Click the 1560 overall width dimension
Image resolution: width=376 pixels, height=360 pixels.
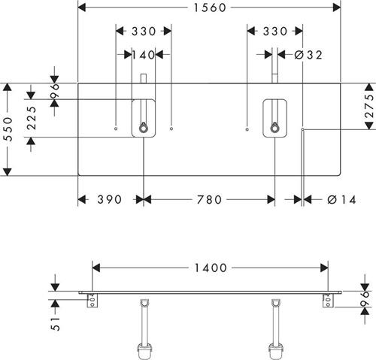210,8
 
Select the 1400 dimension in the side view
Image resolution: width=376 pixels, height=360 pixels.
211,268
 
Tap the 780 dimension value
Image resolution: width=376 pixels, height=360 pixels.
209,200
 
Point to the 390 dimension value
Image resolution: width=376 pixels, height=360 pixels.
110,200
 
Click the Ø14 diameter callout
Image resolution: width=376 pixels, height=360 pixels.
341,200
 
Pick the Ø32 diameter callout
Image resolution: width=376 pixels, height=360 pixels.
308,55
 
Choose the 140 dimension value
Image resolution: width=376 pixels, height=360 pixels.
144,55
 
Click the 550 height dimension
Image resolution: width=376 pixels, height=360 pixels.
8,129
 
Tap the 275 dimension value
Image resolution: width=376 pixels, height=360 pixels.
369,106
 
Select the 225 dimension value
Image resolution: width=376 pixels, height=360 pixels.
32,118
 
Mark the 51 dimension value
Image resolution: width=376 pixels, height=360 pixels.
56,324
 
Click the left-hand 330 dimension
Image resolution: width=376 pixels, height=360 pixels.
144,32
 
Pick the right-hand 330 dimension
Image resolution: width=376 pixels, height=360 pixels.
275,32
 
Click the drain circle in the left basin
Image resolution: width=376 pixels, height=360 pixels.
144,129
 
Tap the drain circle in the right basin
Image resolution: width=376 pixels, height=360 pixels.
274,129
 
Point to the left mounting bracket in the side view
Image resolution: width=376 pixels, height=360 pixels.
92,301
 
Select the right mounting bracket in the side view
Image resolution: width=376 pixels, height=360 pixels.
329,301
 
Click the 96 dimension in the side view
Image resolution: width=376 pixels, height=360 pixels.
365,299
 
